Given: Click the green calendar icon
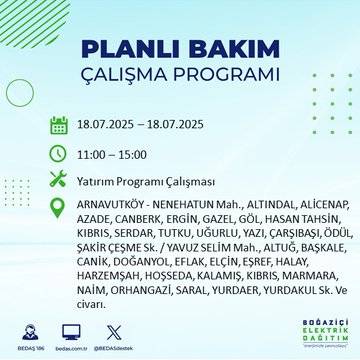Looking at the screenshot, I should coord(58,127).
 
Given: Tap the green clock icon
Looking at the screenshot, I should coord(58,154).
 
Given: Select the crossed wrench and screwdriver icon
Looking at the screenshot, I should coord(58,180).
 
